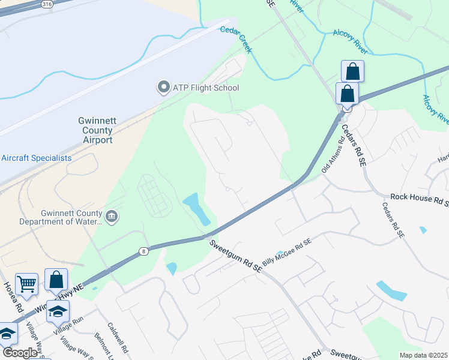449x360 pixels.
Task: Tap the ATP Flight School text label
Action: point(206,88)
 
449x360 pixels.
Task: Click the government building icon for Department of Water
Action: point(111,215)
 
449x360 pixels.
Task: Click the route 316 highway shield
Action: point(46,4)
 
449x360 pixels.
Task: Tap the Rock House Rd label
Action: point(419,197)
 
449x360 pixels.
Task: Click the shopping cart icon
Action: point(27,284)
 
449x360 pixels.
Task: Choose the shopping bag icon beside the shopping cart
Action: point(56,279)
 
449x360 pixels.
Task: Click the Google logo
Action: point(20,353)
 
